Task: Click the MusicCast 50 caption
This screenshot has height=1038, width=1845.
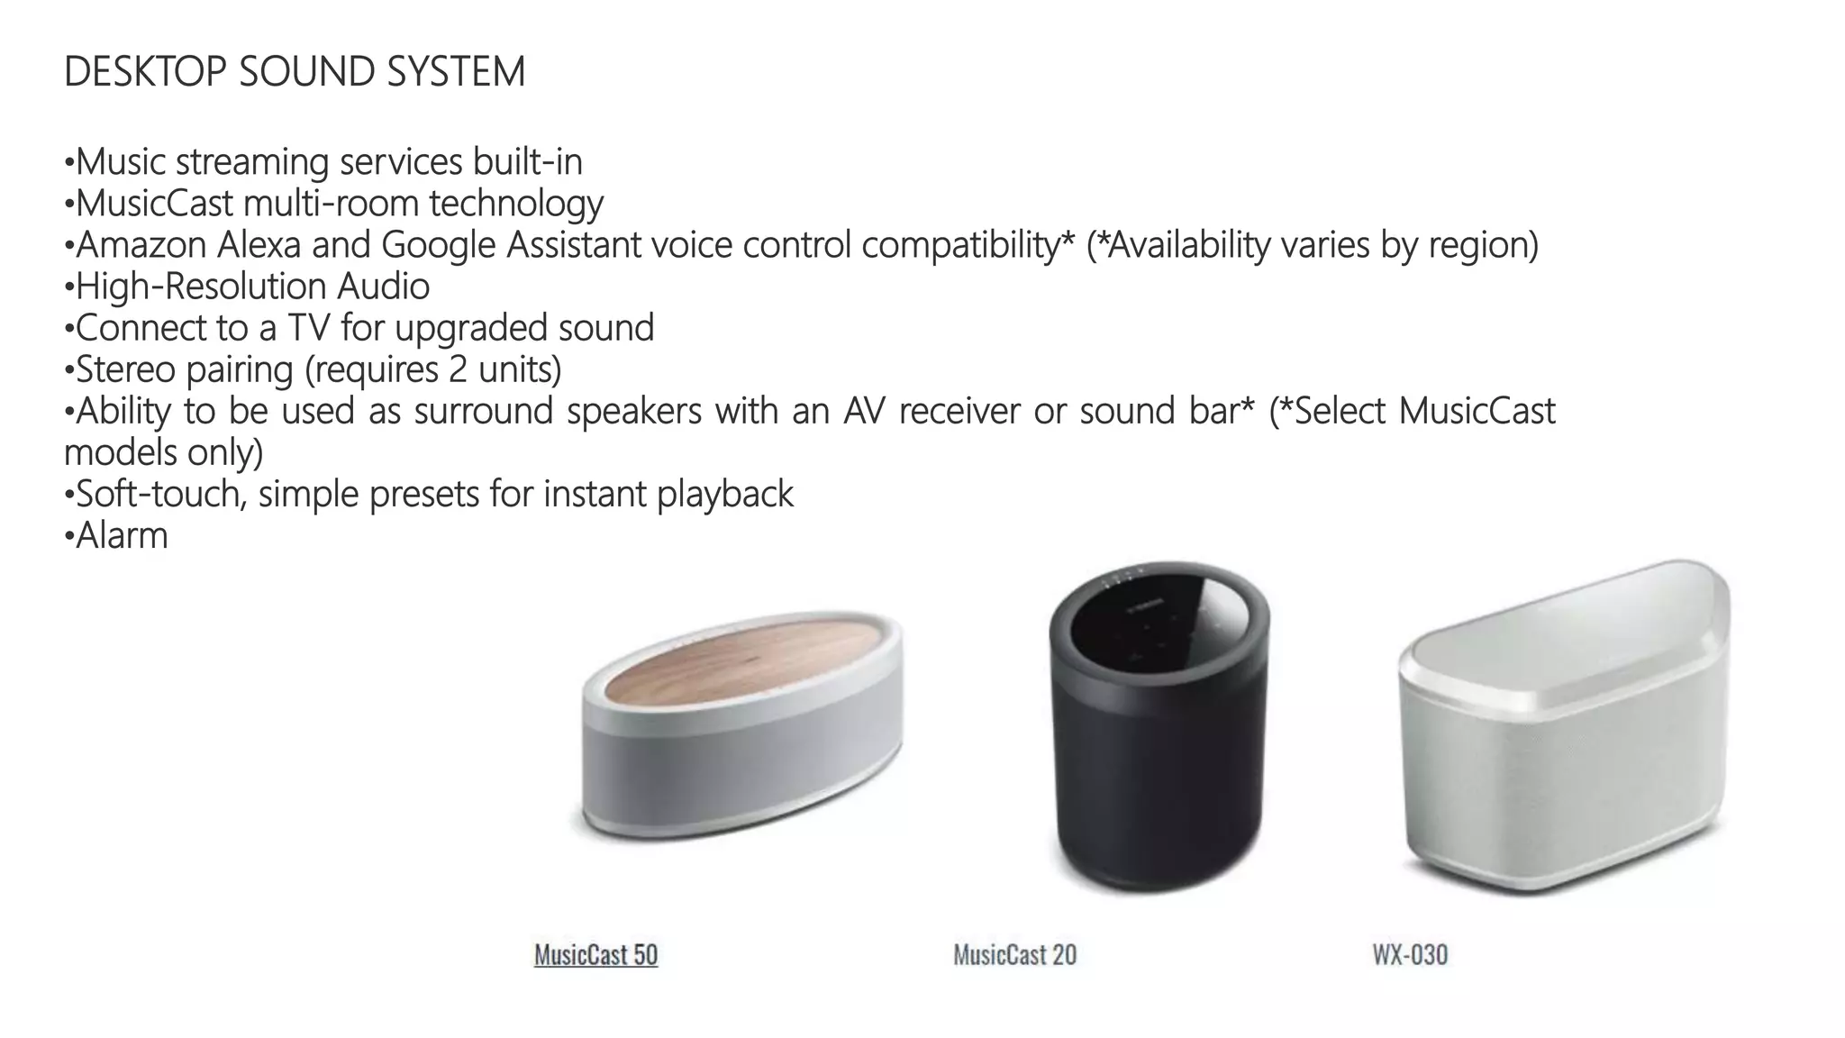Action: (x=595, y=955)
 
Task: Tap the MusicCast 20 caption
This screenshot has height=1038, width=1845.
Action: (x=1014, y=955)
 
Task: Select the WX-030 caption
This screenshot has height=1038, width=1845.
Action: (x=1410, y=955)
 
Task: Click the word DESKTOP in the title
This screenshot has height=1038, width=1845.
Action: (x=145, y=72)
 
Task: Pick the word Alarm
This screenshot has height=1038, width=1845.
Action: (x=122, y=536)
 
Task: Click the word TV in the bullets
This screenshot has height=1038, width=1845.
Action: (x=308, y=328)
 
